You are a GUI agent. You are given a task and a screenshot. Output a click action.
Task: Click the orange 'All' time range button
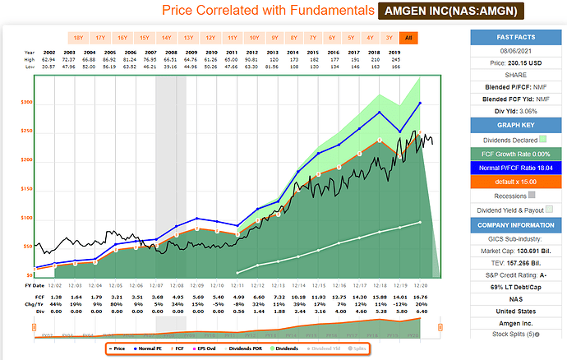tap(408, 38)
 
